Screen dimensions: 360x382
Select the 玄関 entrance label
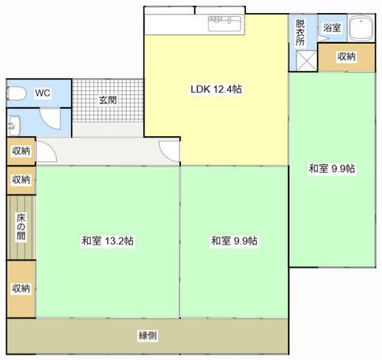point(107,99)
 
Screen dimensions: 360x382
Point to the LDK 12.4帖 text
point(216,89)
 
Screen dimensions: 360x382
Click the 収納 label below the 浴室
point(346,57)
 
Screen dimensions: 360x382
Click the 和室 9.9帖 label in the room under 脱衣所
point(332,169)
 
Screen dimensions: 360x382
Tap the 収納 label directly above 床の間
point(21,180)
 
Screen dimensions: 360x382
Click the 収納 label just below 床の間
point(21,288)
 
